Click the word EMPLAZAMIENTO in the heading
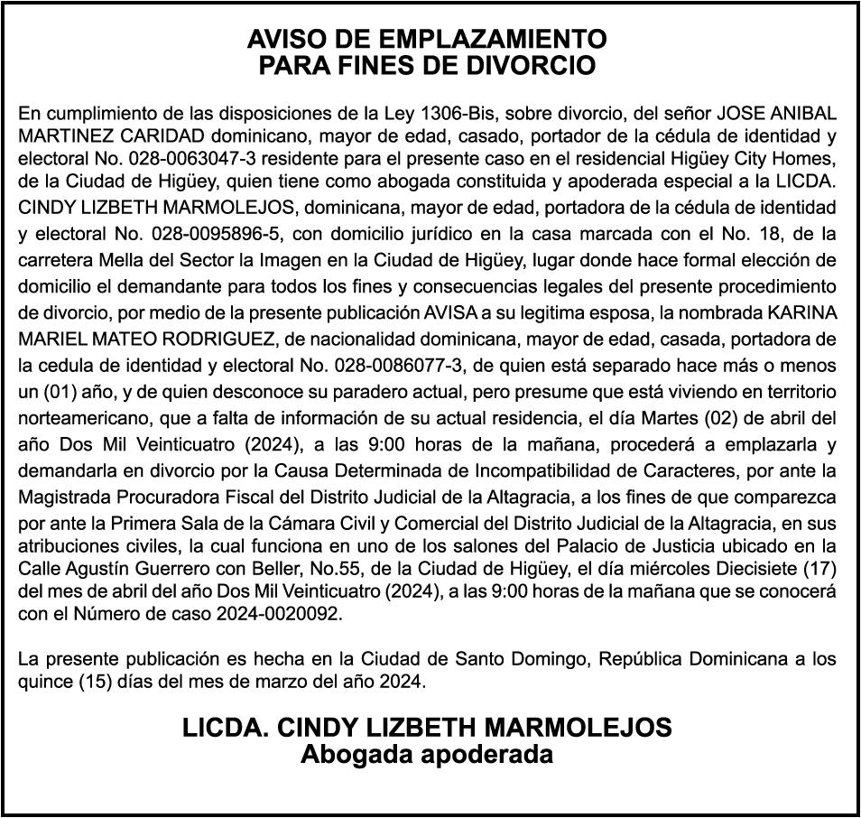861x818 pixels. tap(491, 39)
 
